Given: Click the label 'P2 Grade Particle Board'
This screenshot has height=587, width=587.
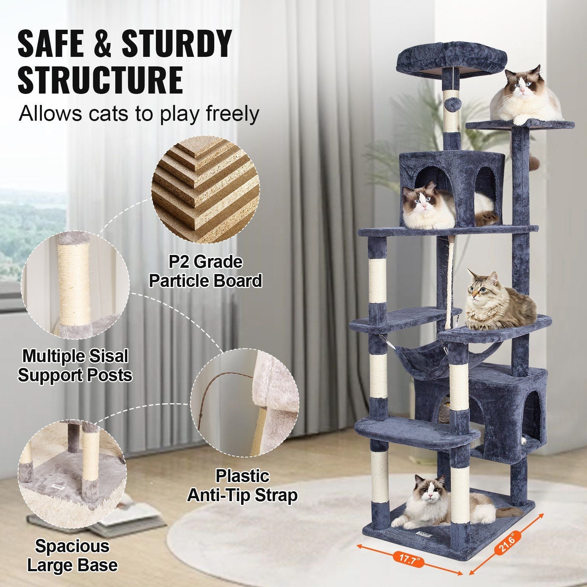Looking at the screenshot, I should tap(205, 271).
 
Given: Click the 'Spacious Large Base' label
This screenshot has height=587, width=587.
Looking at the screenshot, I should tap(72, 556).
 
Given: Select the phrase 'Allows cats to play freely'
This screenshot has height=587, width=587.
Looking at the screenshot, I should tap(139, 114).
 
